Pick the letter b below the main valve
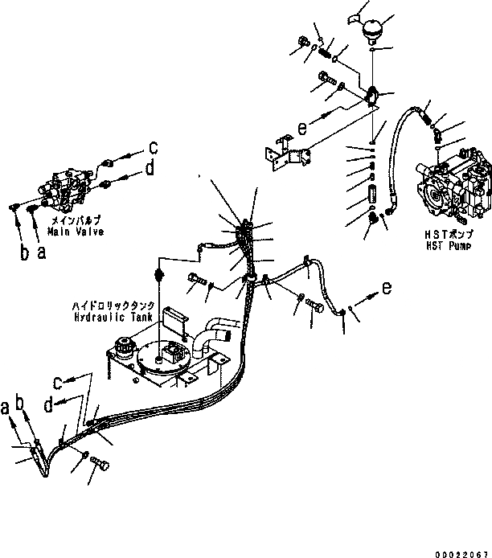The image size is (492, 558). [25, 252]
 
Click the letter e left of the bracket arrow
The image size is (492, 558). [301, 128]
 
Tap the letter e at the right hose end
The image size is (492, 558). [387, 287]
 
